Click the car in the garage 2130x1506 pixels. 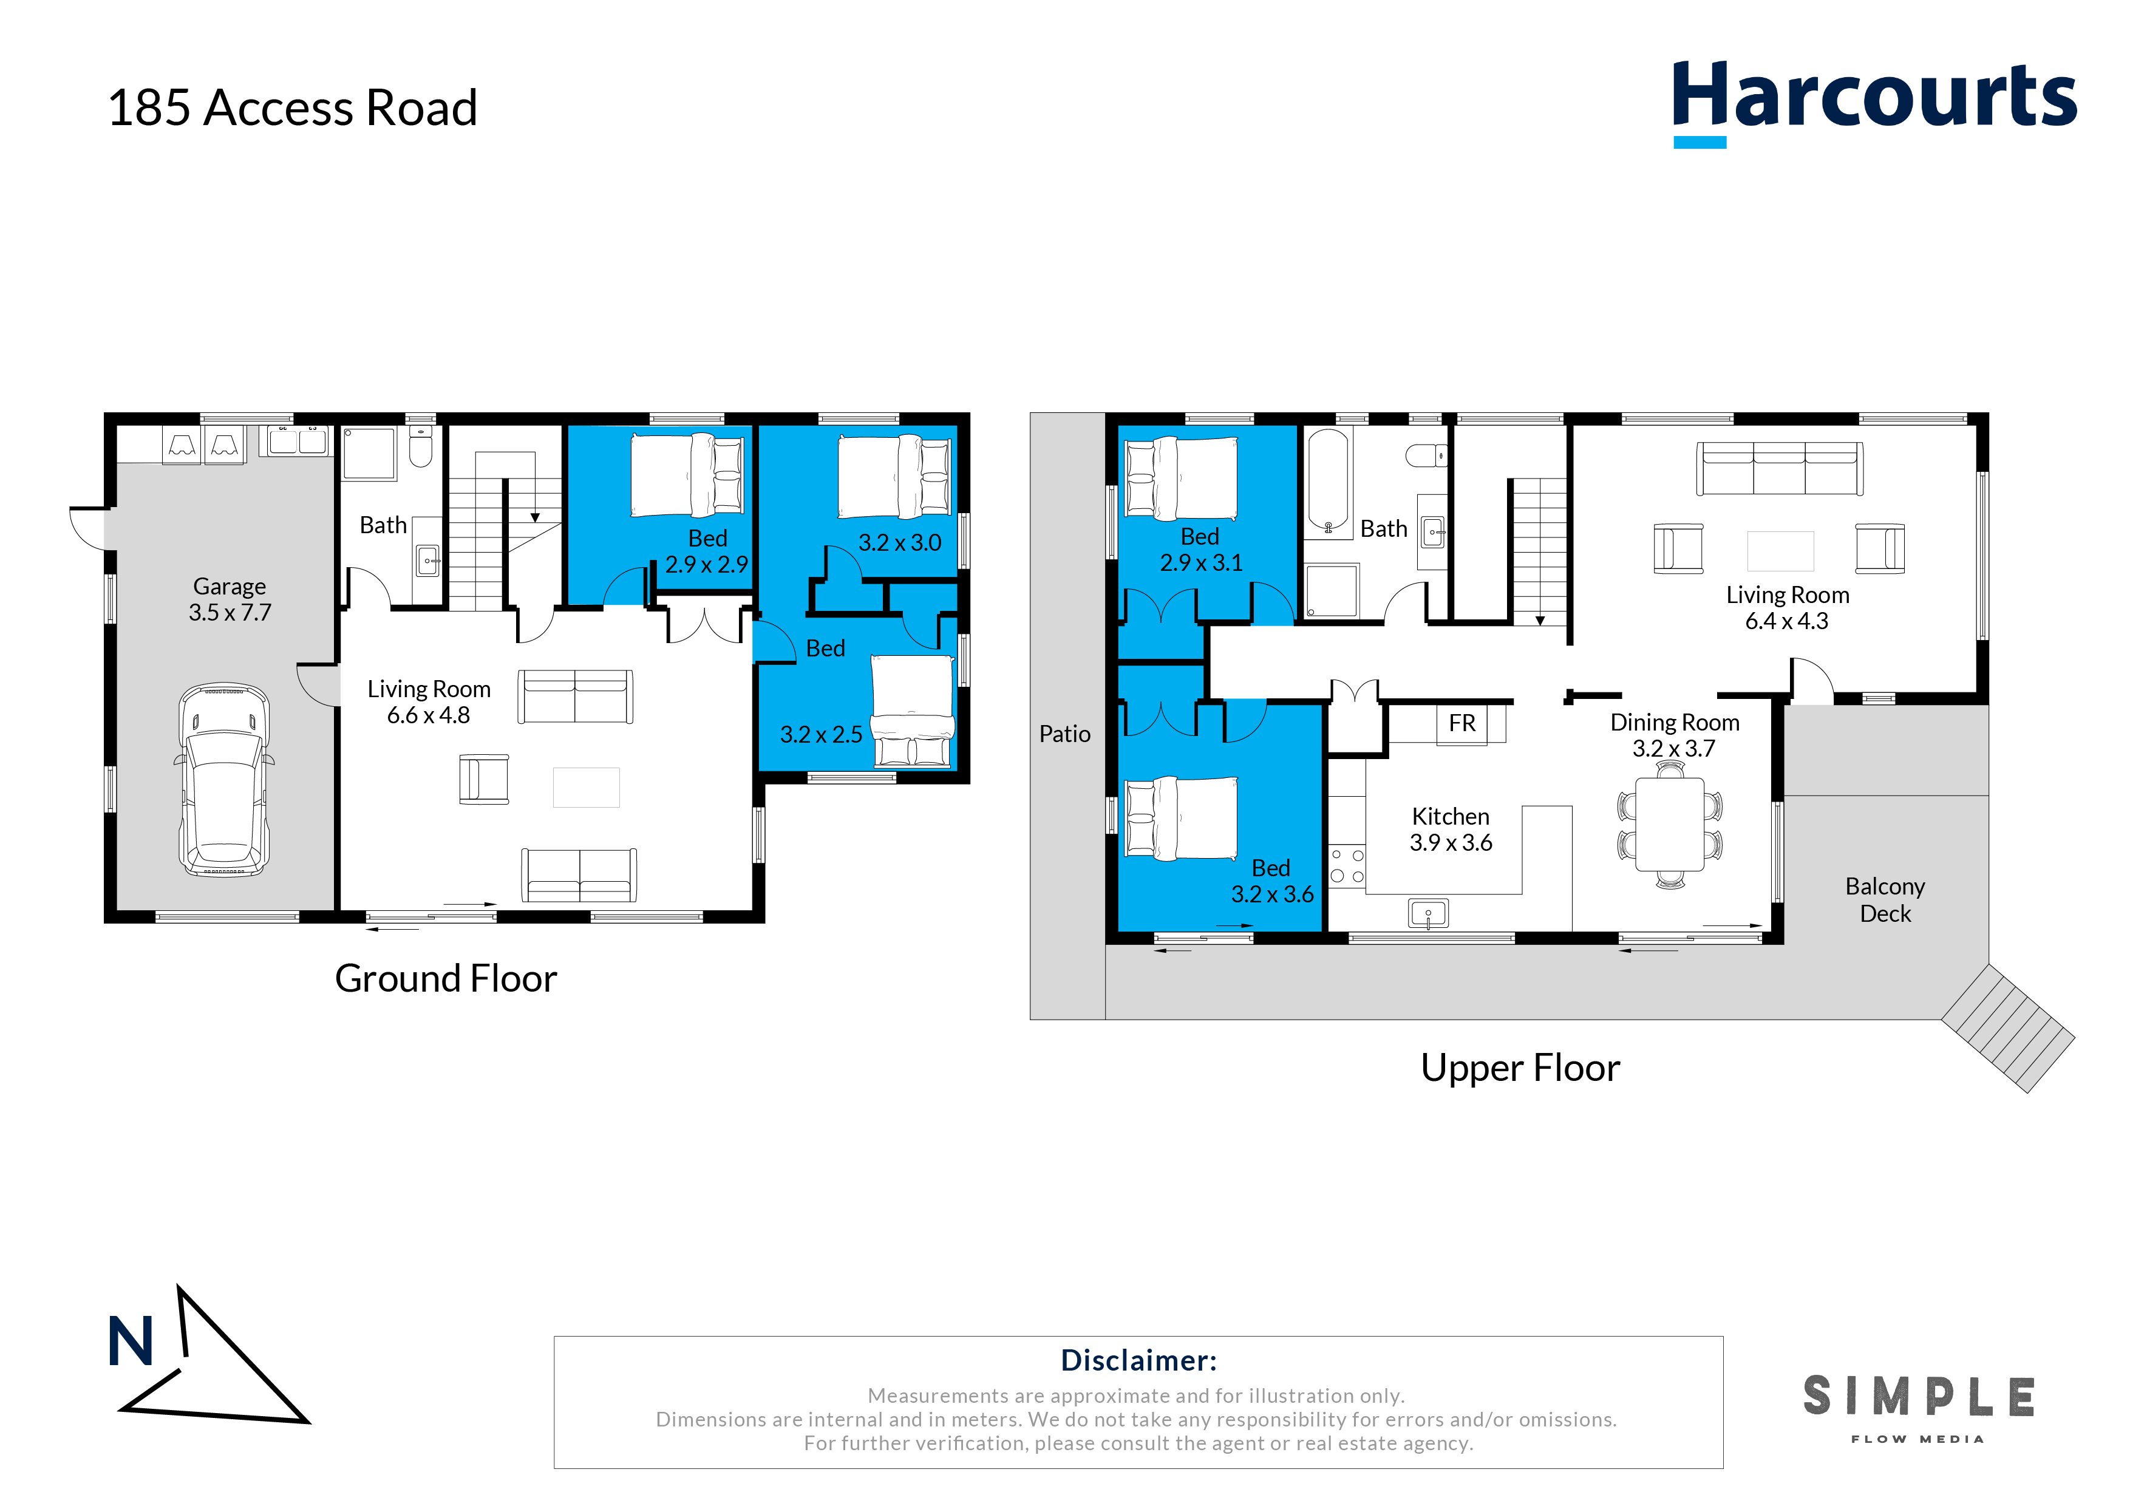point(225,780)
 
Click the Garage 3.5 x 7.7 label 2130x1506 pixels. point(230,599)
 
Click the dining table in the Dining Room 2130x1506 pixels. point(1670,824)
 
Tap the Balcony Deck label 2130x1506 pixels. point(1885,900)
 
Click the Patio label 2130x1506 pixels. point(1065,734)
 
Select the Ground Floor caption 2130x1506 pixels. point(446,979)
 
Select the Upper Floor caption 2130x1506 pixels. point(1520,1068)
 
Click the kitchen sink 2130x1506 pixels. point(1429,914)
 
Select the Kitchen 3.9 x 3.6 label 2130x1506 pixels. point(1451,830)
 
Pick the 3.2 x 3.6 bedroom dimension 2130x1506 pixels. point(1272,894)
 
